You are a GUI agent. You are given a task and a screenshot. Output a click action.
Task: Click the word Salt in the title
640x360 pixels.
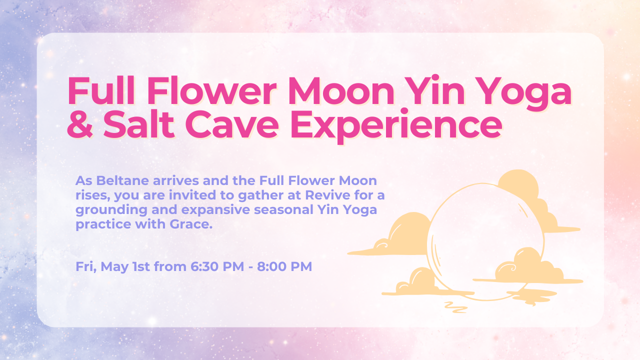pyautogui.click(x=139, y=124)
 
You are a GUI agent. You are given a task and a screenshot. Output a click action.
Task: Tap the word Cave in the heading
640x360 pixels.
pyautogui.click(x=232, y=124)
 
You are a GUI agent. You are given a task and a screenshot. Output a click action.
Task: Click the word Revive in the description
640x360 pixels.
pyautogui.click(x=327, y=195)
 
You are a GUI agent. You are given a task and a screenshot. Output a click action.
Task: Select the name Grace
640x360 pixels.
pyautogui.click(x=191, y=224)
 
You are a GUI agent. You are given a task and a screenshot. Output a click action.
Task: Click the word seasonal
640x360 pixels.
pyautogui.click(x=284, y=209)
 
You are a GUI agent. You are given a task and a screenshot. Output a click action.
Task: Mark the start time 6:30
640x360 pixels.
pyautogui.click(x=203, y=266)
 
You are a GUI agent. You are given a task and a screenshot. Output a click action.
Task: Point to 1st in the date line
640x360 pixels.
pyautogui.click(x=141, y=266)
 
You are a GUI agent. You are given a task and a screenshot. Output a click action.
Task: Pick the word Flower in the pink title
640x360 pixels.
pyautogui.click(x=211, y=91)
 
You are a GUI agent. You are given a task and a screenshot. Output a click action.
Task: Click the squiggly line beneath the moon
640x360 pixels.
pyautogui.click(x=455, y=307)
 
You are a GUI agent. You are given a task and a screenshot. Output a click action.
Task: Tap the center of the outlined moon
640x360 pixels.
pyautogui.click(x=485, y=241)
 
